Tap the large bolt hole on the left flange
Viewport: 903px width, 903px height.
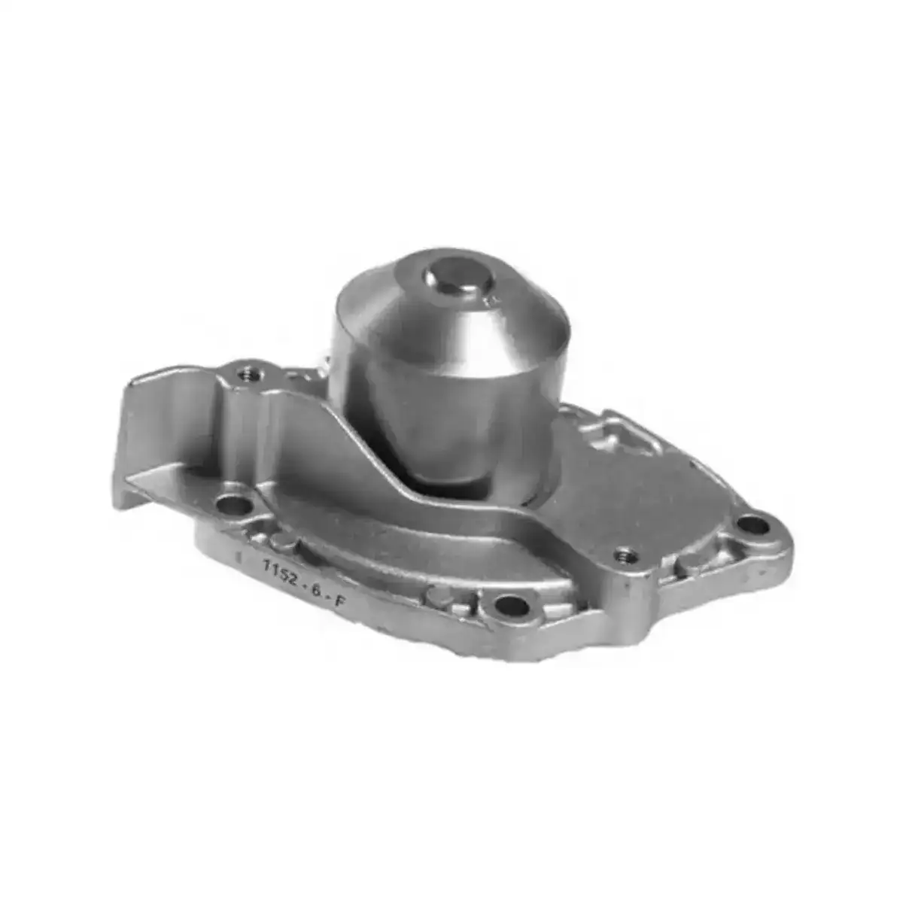(x=232, y=506)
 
